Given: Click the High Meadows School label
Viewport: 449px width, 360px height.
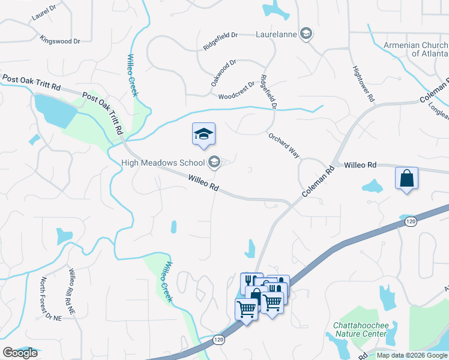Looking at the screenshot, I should (x=163, y=162).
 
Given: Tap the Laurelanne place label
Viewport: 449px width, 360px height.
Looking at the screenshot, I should (x=277, y=34).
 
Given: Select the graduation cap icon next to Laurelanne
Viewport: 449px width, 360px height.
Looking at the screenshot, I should (x=306, y=34).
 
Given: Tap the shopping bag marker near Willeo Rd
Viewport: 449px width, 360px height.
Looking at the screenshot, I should (x=406, y=179).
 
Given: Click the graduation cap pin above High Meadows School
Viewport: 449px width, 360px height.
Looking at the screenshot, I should (x=203, y=134).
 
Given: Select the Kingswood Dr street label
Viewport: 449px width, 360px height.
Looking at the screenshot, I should (x=59, y=41).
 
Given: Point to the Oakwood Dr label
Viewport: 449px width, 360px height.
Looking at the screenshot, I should (x=223, y=72).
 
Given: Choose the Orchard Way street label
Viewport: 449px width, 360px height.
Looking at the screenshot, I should (x=284, y=145).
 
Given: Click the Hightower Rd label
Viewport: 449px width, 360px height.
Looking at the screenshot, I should (x=364, y=83).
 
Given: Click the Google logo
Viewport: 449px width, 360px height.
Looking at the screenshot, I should (x=20, y=353).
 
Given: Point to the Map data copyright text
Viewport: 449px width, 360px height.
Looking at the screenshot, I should (x=411, y=355).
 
